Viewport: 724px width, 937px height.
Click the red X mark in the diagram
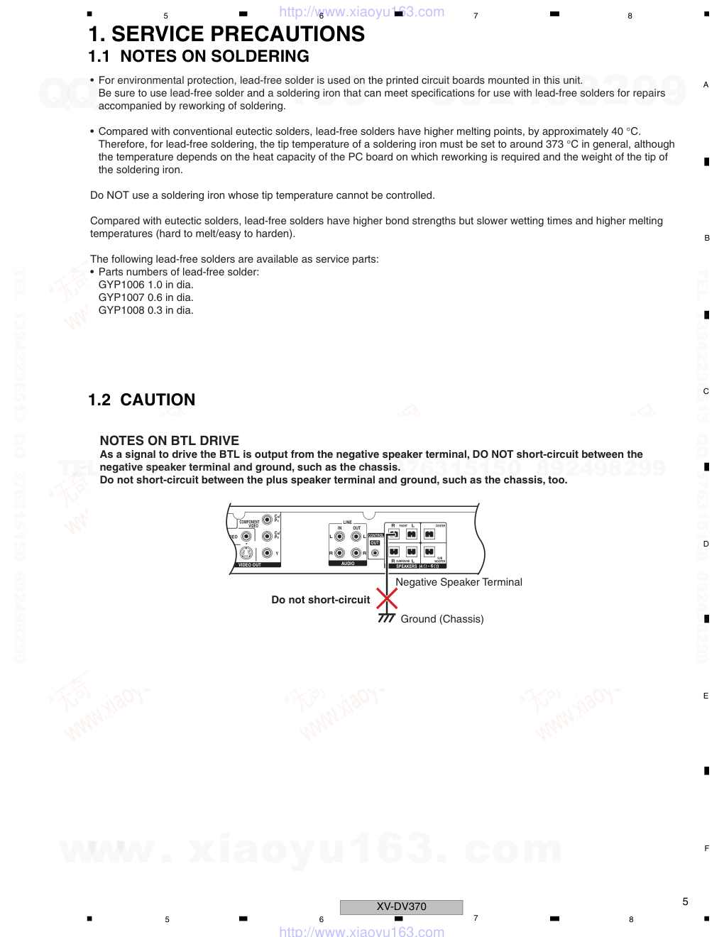(x=387, y=598)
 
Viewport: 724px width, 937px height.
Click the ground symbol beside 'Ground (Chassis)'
(x=386, y=618)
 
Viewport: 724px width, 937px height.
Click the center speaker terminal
(x=429, y=534)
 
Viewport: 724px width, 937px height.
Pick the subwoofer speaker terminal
(x=429, y=552)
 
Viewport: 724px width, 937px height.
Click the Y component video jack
(x=267, y=553)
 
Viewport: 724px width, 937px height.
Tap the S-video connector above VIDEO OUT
(x=246, y=553)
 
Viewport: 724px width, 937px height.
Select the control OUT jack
(x=375, y=552)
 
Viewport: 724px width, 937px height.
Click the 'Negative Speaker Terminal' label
(x=459, y=582)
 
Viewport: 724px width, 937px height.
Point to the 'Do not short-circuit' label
(x=321, y=600)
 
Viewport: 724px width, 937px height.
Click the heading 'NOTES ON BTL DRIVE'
(x=170, y=440)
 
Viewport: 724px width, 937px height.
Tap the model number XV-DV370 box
(x=401, y=906)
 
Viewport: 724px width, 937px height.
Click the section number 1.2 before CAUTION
(x=99, y=400)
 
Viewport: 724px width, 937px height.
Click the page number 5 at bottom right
(x=685, y=902)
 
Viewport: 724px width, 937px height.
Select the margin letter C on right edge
(x=706, y=391)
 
